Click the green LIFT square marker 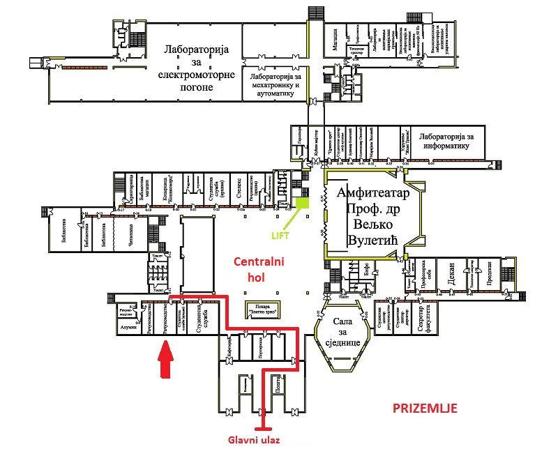[x=302, y=203]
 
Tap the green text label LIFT [x=280, y=235]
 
